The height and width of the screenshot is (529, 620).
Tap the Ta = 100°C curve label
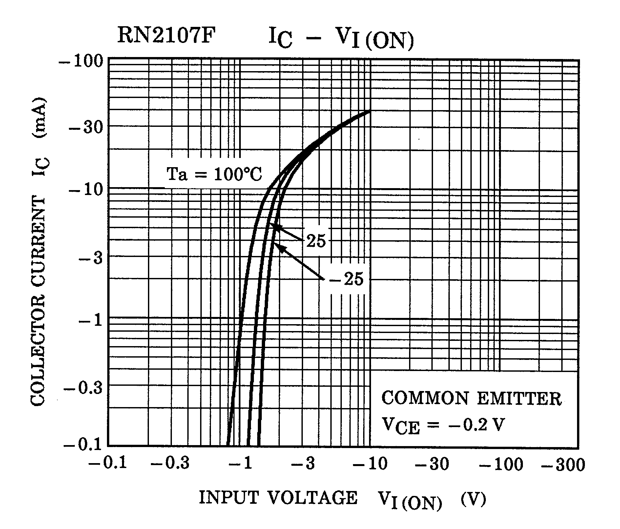click(215, 174)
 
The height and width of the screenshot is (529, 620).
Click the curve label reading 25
click(316, 241)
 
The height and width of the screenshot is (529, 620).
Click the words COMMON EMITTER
click(472, 399)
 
